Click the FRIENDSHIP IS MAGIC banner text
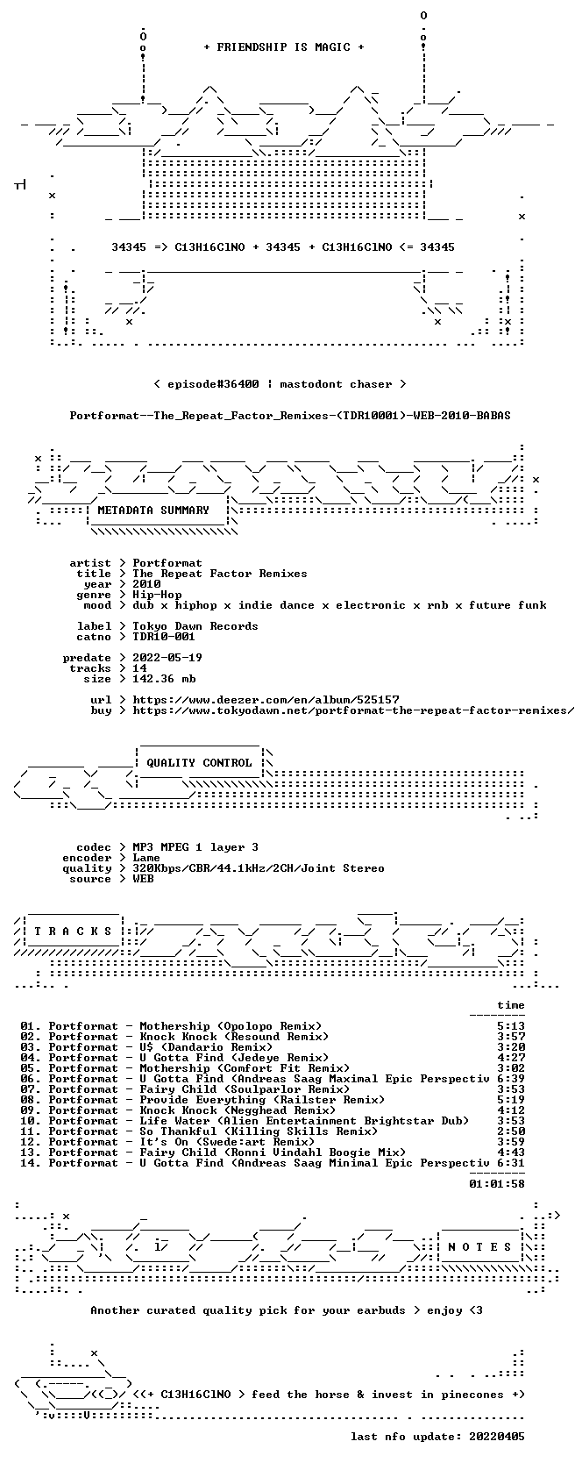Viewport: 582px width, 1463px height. coord(284,47)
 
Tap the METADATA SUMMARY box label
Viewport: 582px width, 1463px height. coord(153,510)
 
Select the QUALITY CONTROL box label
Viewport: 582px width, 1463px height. coord(199,763)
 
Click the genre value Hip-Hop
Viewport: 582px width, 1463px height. coord(157,595)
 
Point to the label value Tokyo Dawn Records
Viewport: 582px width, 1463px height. coord(195,626)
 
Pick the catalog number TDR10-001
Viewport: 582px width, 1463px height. coord(164,637)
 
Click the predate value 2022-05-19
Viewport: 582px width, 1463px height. coord(167,658)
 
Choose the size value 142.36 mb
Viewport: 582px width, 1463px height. coord(164,679)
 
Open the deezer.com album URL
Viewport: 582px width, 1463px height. coord(266,700)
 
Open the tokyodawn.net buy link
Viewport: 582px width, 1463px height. coord(353,710)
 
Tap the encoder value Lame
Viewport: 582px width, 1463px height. coord(146,858)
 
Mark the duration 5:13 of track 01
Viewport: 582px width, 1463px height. coord(511,1026)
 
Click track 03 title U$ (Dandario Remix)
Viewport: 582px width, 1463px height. coord(205,1047)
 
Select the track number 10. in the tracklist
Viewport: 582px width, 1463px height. coord(31,1121)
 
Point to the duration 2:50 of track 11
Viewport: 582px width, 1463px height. coord(511,1131)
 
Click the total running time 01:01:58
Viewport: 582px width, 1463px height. coord(496,1183)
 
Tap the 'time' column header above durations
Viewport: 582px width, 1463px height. coord(511,1005)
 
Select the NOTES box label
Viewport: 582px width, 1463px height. coord(479,1247)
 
